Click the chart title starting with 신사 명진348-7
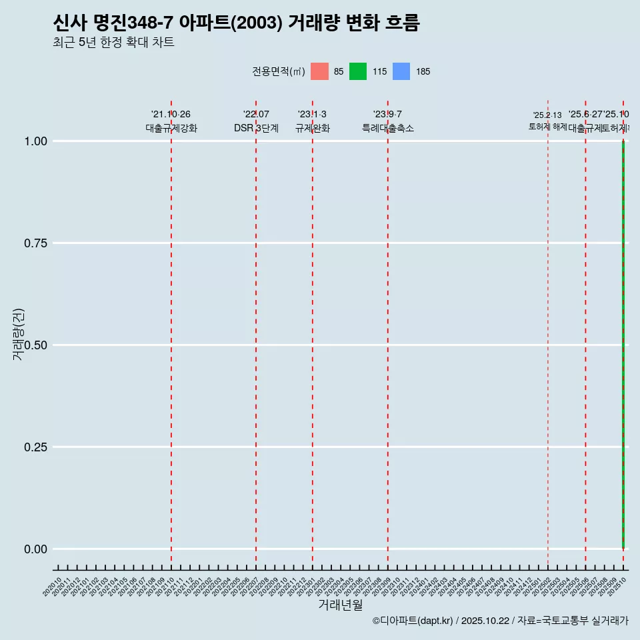236,23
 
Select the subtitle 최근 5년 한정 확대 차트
113,43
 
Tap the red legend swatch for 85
320,71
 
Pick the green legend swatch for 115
358,71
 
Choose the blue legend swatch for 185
401,71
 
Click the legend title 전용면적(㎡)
279,71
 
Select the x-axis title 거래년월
340,605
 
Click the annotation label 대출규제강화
171,128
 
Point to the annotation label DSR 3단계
256,128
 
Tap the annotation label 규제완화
313,128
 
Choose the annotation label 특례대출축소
388,128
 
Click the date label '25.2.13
547,115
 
